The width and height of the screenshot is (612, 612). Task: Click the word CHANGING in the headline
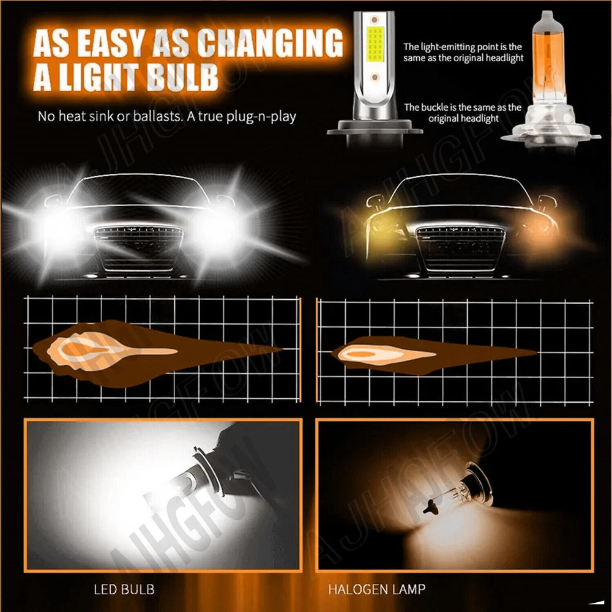[270, 43]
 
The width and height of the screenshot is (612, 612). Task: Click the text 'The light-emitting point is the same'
[463, 52]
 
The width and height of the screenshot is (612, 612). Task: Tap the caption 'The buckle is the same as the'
[463, 107]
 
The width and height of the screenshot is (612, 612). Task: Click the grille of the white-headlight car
[138, 250]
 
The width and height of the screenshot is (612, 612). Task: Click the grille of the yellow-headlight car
[461, 250]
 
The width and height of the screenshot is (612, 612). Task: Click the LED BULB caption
[124, 589]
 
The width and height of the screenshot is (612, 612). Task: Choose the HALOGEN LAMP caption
[376, 589]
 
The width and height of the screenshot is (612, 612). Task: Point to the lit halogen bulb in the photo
[461, 492]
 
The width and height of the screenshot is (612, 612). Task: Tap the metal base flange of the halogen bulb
[550, 136]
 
